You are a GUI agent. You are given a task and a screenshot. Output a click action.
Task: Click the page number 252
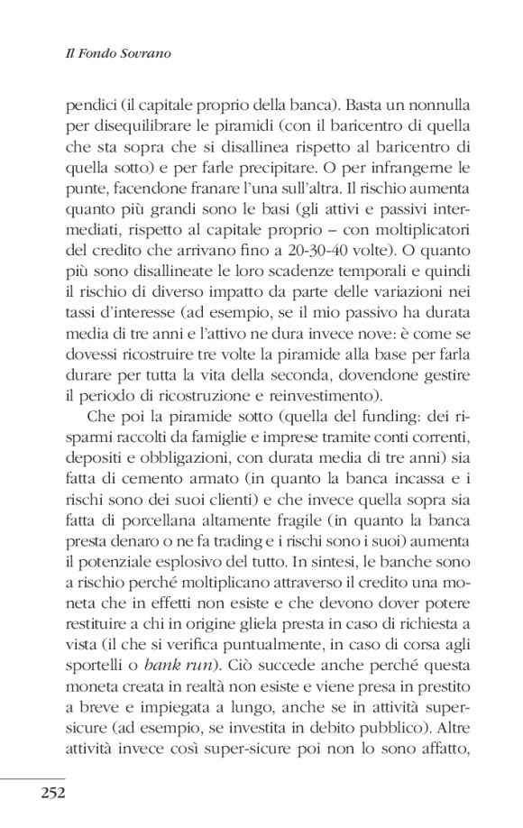click(50, 793)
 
